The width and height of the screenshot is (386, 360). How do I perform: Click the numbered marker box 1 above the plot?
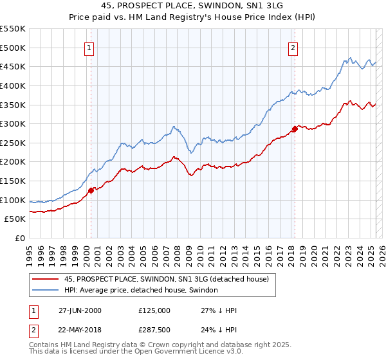click(x=89, y=47)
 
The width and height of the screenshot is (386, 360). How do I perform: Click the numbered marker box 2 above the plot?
click(x=293, y=47)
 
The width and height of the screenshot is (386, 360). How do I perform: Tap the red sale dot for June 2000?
click(x=91, y=190)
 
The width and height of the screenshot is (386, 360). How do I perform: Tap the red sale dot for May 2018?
click(x=295, y=129)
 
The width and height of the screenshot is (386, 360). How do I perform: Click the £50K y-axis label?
click(x=15, y=219)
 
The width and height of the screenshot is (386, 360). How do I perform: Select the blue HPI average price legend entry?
click(x=141, y=290)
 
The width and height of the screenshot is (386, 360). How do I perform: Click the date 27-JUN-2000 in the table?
click(x=80, y=310)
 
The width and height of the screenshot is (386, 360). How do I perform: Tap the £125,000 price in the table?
click(x=154, y=310)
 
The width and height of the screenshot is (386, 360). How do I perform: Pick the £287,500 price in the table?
click(x=154, y=332)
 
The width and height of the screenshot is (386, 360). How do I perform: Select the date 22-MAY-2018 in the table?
click(x=80, y=332)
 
